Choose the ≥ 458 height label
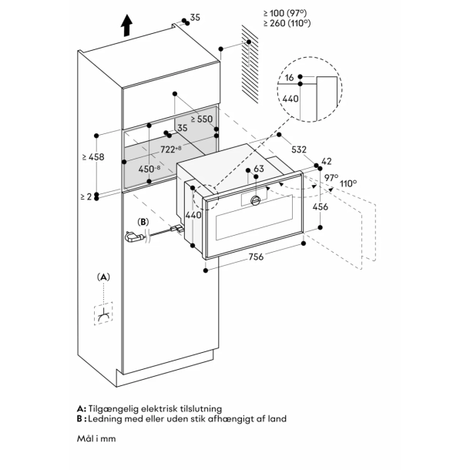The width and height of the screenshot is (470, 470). [92, 157]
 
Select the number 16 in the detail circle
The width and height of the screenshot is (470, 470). [287, 79]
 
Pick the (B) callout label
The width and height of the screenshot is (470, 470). [143, 222]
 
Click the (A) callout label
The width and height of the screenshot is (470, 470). [104, 276]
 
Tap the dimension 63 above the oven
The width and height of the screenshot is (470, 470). [259, 168]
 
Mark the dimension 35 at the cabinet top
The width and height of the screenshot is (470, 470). [194, 16]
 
